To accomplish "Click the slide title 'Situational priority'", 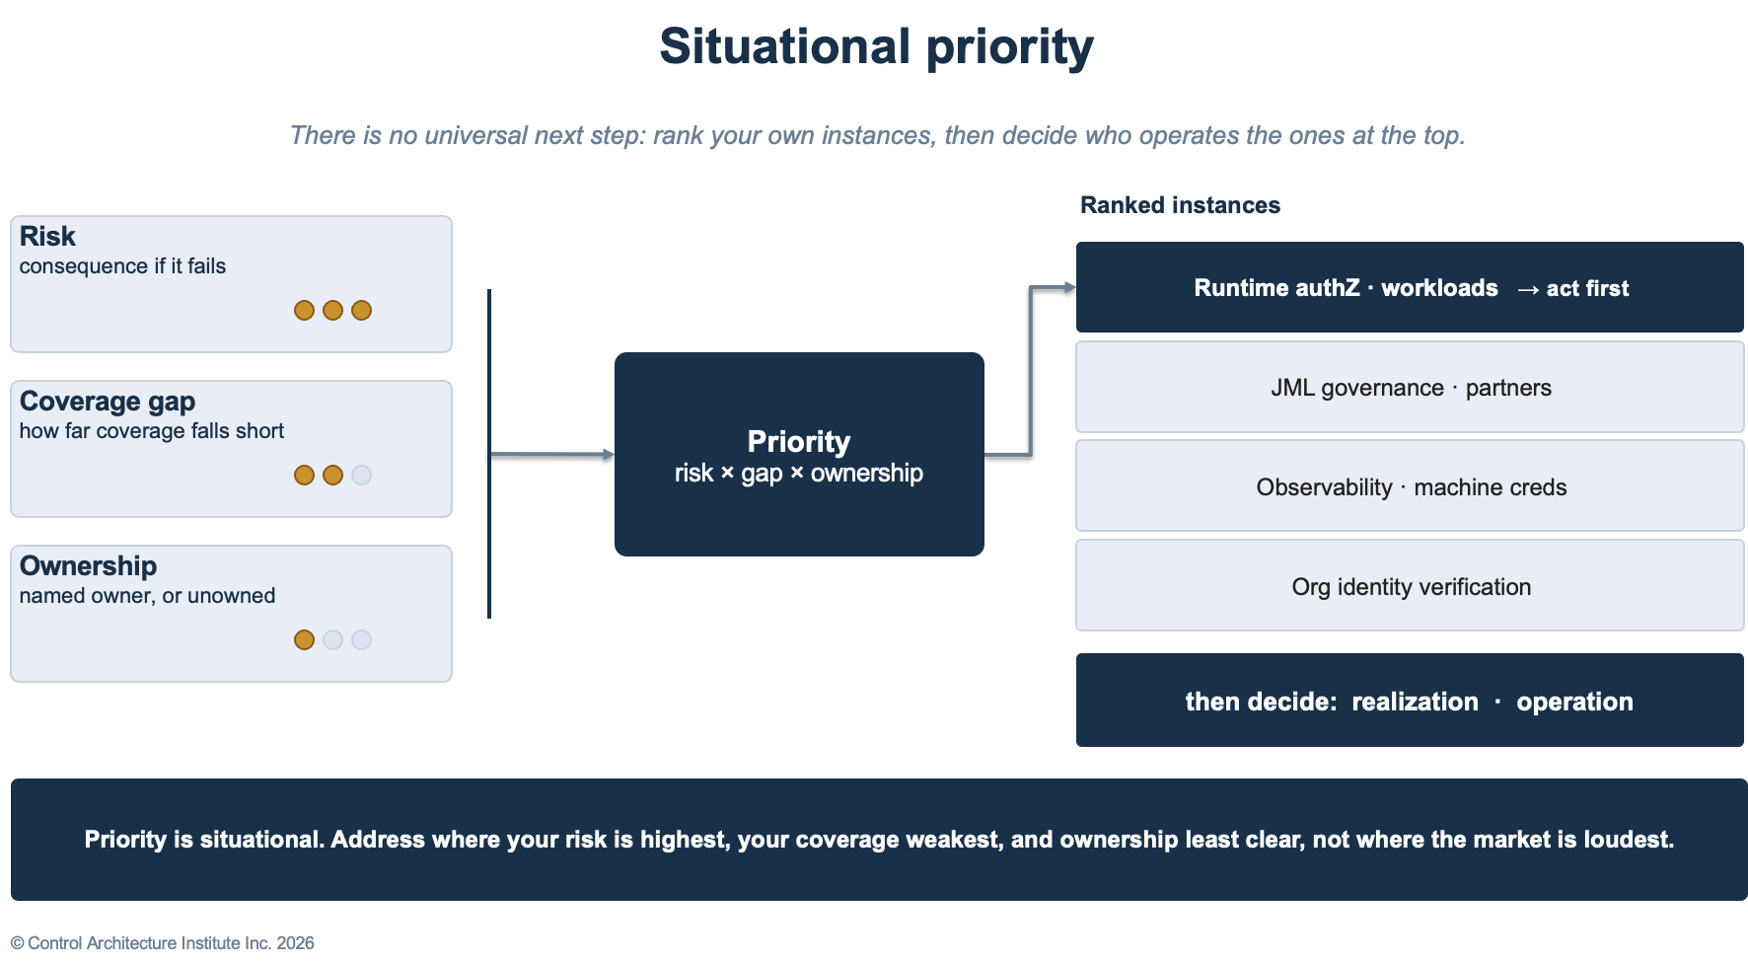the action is (x=876, y=46).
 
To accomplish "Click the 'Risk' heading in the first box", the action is (x=47, y=237).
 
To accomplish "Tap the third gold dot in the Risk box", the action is (x=362, y=311).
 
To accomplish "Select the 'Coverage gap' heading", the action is (x=108, y=402).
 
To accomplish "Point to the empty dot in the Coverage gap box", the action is (x=362, y=476).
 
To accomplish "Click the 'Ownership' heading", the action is (x=88, y=566).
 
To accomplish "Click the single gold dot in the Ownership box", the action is (x=305, y=640).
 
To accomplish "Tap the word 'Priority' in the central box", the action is (x=799, y=441).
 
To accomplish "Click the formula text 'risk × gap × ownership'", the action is (x=799, y=474).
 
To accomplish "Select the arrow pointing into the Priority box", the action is (x=552, y=455).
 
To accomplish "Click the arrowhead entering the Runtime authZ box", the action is (x=1069, y=288).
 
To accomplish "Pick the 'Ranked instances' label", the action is (x=1180, y=205).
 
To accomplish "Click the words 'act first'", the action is (x=1587, y=288).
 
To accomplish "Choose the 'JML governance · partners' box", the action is (x=1410, y=387).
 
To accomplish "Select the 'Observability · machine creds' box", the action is (x=1410, y=486).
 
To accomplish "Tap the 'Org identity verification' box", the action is (x=1410, y=586).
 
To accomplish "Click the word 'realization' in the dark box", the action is (x=1415, y=702).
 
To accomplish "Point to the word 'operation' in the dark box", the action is (x=1574, y=703).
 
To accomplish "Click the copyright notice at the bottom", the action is (x=163, y=943).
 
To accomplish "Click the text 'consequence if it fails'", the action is (x=122, y=266).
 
